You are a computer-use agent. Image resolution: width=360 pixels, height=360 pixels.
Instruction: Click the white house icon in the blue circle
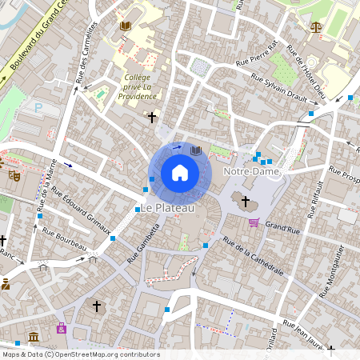pyautogui.click(x=179, y=173)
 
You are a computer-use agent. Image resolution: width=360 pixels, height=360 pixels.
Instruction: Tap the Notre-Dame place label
pyautogui.click(x=252, y=171)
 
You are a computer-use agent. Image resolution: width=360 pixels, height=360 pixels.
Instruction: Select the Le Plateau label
pyautogui.click(x=167, y=208)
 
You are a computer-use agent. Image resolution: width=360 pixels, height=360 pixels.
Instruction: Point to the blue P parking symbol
pyautogui.click(x=38, y=107)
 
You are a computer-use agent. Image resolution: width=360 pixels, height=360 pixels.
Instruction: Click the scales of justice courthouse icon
pyautogui.click(x=314, y=26)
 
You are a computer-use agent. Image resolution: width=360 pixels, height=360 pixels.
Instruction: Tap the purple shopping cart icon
pyautogui.click(x=254, y=222)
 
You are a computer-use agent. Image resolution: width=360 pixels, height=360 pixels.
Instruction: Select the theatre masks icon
pyautogui.click(x=14, y=174)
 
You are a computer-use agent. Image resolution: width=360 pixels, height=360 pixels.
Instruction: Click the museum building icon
pyautogui.click(x=33, y=337)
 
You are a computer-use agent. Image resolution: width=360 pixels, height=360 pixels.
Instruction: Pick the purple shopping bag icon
pyautogui.click(x=62, y=328)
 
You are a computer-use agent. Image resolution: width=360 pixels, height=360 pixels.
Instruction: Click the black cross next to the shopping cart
pyautogui.click(x=246, y=201)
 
